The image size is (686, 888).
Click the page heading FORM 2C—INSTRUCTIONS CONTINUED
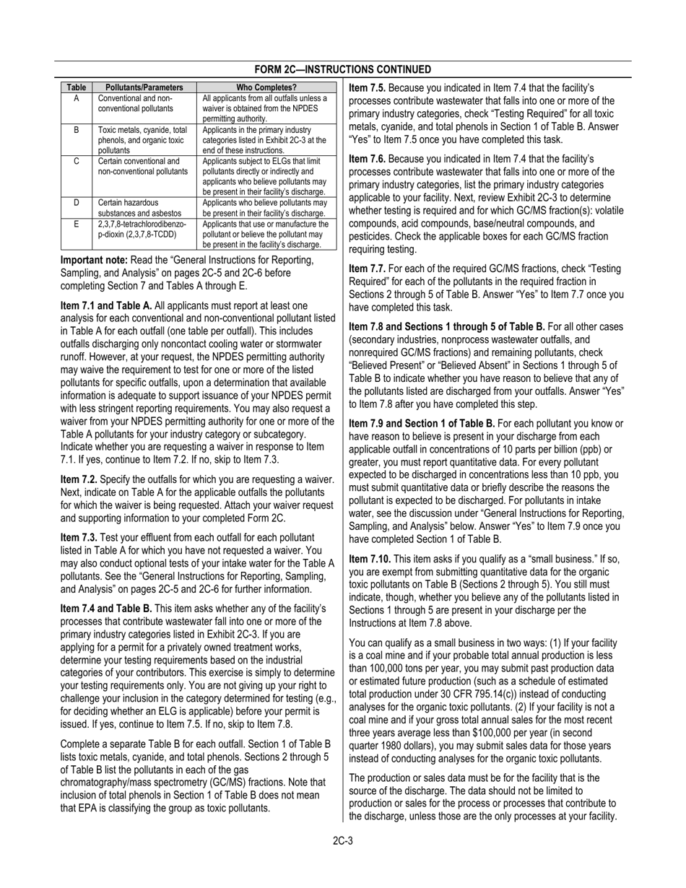[343, 69]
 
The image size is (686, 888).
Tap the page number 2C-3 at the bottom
[342, 840]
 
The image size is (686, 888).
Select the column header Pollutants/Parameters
[139, 87]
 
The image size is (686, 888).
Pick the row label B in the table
[76, 130]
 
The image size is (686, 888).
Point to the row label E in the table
[76, 224]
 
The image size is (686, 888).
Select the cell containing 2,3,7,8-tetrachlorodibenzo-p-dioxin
[142, 230]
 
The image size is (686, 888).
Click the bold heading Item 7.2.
[79, 479]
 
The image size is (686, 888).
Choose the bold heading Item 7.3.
[79, 537]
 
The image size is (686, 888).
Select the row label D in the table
[76, 202]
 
